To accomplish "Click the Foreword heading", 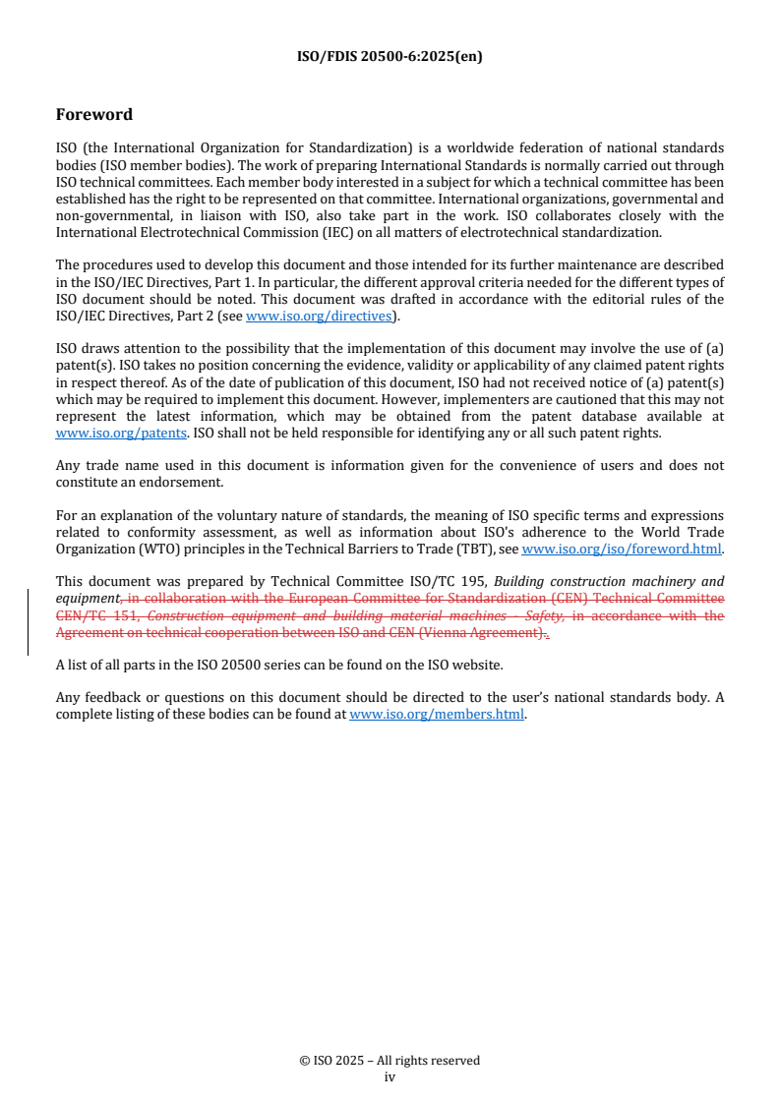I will [x=93, y=115].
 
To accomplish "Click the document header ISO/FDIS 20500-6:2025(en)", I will [x=390, y=57].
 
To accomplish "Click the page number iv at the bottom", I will [x=390, y=1076].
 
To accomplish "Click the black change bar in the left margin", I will [x=28, y=622].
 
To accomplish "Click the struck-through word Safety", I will [x=544, y=615].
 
